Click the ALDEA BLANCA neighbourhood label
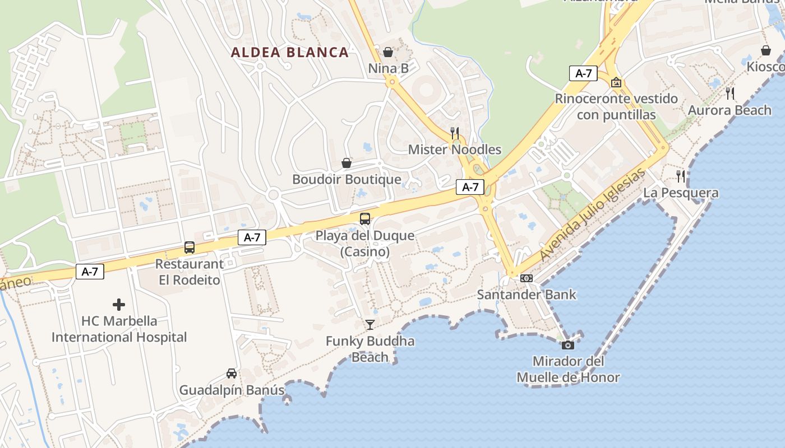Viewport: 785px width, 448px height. [x=290, y=53]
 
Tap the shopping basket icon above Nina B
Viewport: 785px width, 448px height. [x=387, y=52]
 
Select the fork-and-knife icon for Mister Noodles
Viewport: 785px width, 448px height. [x=455, y=133]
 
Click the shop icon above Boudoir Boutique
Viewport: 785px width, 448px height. [x=347, y=163]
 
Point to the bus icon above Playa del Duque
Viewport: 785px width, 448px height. [x=365, y=219]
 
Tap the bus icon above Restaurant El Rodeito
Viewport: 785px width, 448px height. [x=190, y=248]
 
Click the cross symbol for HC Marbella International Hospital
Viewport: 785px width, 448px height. [x=119, y=305]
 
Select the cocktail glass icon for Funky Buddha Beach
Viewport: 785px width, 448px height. [x=370, y=324]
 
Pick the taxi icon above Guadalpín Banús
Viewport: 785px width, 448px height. [x=231, y=373]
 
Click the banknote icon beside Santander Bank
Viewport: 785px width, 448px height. [x=527, y=278]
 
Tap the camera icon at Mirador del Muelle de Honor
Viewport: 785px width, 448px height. [x=568, y=345]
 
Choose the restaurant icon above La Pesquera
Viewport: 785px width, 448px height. [x=681, y=176]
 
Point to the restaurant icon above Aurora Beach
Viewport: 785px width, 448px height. [x=729, y=94]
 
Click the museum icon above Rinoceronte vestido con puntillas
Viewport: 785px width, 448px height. [x=616, y=82]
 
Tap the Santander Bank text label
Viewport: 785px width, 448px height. [x=527, y=295]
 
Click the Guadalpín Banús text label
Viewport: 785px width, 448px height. [x=232, y=390]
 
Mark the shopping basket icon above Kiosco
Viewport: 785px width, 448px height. [x=766, y=50]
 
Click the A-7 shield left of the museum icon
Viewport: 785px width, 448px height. [x=583, y=73]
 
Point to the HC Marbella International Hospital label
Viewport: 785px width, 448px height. [x=119, y=329]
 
